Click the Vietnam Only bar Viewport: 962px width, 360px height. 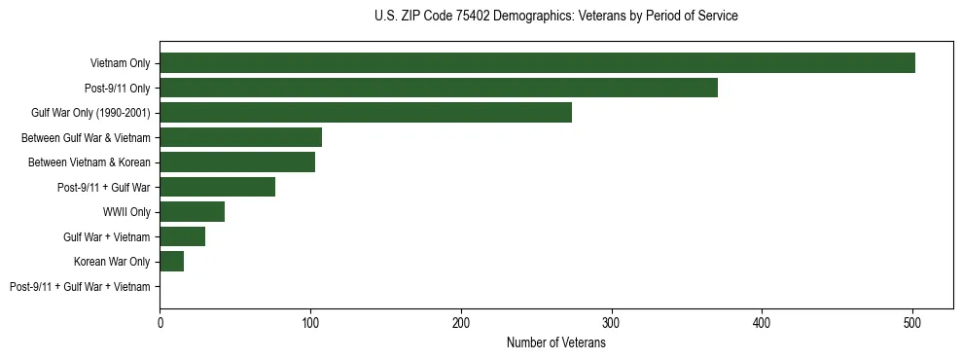(x=537, y=63)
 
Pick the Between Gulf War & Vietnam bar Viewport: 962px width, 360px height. (x=240, y=137)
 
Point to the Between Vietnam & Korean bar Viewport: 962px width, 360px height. (x=237, y=162)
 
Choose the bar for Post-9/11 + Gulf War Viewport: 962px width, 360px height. (x=217, y=187)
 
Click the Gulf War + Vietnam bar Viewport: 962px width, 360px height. (x=182, y=236)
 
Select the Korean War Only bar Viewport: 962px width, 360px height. (x=171, y=262)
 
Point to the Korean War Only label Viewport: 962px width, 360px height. (x=112, y=262)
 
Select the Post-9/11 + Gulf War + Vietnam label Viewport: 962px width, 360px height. (x=80, y=286)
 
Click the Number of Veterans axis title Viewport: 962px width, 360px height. (x=556, y=342)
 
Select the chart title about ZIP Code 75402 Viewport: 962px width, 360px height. (x=555, y=17)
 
